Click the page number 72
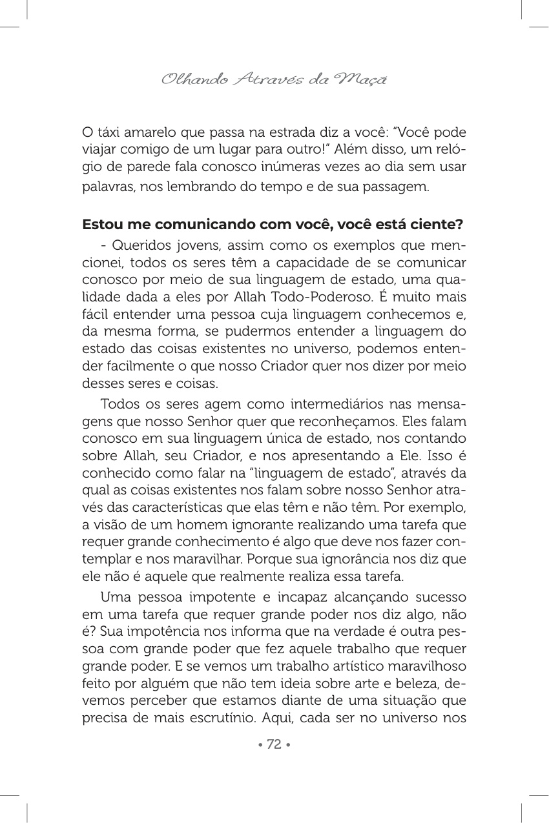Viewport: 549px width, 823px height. pyautogui.click(x=274, y=744)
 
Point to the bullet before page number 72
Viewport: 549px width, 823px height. pyautogui.click(x=260, y=744)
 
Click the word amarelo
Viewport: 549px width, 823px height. pyautogui.click(x=147, y=132)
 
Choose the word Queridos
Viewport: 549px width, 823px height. pyautogui.click(x=137, y=245)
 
